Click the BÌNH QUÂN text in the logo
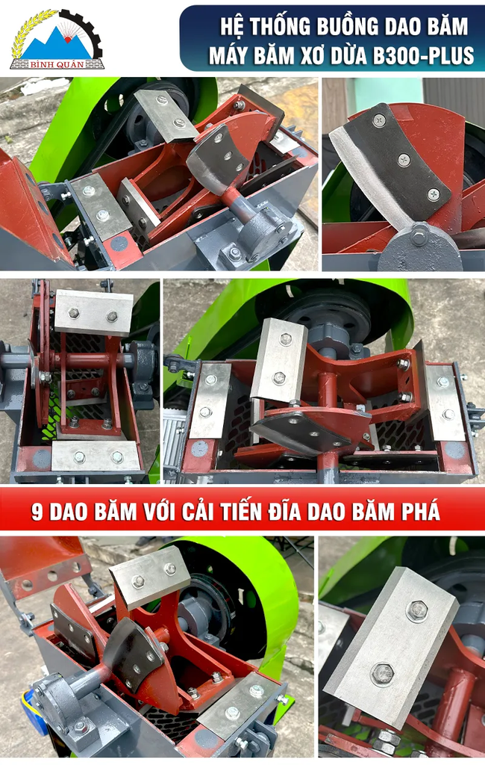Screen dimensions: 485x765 (57, 65)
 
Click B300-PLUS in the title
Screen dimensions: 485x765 (423, 55)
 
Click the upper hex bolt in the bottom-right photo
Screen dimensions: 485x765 (417, 611)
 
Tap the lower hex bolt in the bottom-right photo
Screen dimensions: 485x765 (382, 675)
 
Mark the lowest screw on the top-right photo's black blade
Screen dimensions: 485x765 (434, 194)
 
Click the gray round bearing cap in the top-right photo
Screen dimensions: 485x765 (420, 248)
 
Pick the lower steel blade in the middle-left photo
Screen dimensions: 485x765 (96, 456)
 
